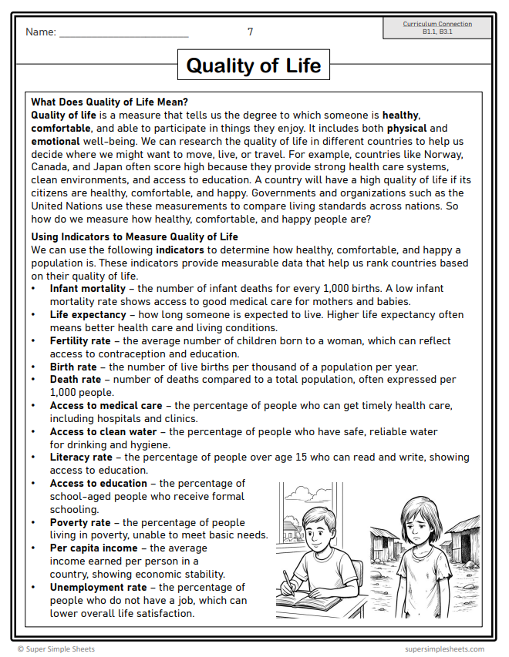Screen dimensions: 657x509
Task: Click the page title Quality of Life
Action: click(254, 65)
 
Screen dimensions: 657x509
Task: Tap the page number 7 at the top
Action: click(250, 32)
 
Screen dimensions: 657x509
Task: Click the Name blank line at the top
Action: click(123, 35)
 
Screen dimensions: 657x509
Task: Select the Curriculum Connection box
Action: click(437, 28)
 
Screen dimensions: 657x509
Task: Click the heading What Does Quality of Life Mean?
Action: click(110, 102)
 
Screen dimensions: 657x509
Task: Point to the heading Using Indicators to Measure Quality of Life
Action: click(134, 236)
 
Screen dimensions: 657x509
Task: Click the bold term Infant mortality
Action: click(88, 289)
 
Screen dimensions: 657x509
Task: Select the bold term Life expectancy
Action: click(88, 315)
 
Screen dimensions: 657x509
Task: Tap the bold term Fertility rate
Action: click(80, 341)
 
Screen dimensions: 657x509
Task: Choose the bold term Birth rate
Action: click(73, 367)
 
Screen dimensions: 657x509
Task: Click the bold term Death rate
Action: click(76, 380)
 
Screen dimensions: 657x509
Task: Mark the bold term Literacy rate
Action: click(81, 458)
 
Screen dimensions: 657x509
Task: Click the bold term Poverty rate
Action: click(80, 522)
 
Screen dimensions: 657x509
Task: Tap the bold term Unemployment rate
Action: click(98, 587)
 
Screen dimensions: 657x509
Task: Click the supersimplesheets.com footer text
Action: click(444, 649)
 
